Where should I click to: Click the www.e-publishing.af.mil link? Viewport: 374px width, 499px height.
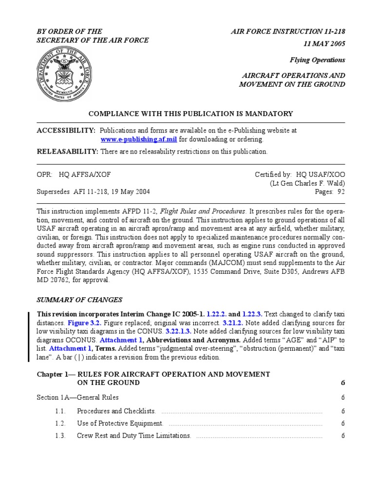(139, 139)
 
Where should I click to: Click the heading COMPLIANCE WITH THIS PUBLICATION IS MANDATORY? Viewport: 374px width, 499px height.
(190, 114)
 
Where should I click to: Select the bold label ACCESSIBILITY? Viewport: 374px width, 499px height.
(66, 131)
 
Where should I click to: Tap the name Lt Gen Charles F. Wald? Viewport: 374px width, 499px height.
(307, 183)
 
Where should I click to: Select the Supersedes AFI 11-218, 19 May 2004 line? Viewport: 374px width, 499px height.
(93, 192)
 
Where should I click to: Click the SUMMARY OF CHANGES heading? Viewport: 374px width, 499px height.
(80, 300)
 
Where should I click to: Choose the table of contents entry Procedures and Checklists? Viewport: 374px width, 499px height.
(117, 411)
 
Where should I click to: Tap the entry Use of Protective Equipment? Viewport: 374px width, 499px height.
(120, 423)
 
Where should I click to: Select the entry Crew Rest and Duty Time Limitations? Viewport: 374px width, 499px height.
(134, 436)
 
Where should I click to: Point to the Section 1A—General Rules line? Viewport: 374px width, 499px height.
(78, 397)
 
